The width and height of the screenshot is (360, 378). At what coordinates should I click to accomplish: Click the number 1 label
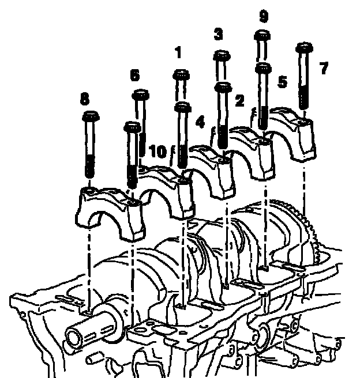(x=178, y=52)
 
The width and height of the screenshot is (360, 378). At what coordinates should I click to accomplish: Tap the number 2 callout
(x=239, y=100)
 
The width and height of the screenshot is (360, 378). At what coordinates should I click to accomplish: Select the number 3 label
(x=219, y=34)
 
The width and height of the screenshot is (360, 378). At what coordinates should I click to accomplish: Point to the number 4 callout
(x=200, y=122)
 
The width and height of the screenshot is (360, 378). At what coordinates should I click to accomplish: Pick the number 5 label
(x=282, y=81)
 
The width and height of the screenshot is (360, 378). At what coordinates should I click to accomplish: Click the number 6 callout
(x=134, y=75)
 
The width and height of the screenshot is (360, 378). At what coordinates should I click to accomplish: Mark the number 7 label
(x=324, y=68)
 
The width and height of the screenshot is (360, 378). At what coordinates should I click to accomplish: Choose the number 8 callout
(x=84, y=99)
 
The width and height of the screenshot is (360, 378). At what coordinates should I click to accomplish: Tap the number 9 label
(x=264, y=17)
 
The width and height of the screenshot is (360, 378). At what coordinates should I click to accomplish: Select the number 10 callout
(x=158, y=152)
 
